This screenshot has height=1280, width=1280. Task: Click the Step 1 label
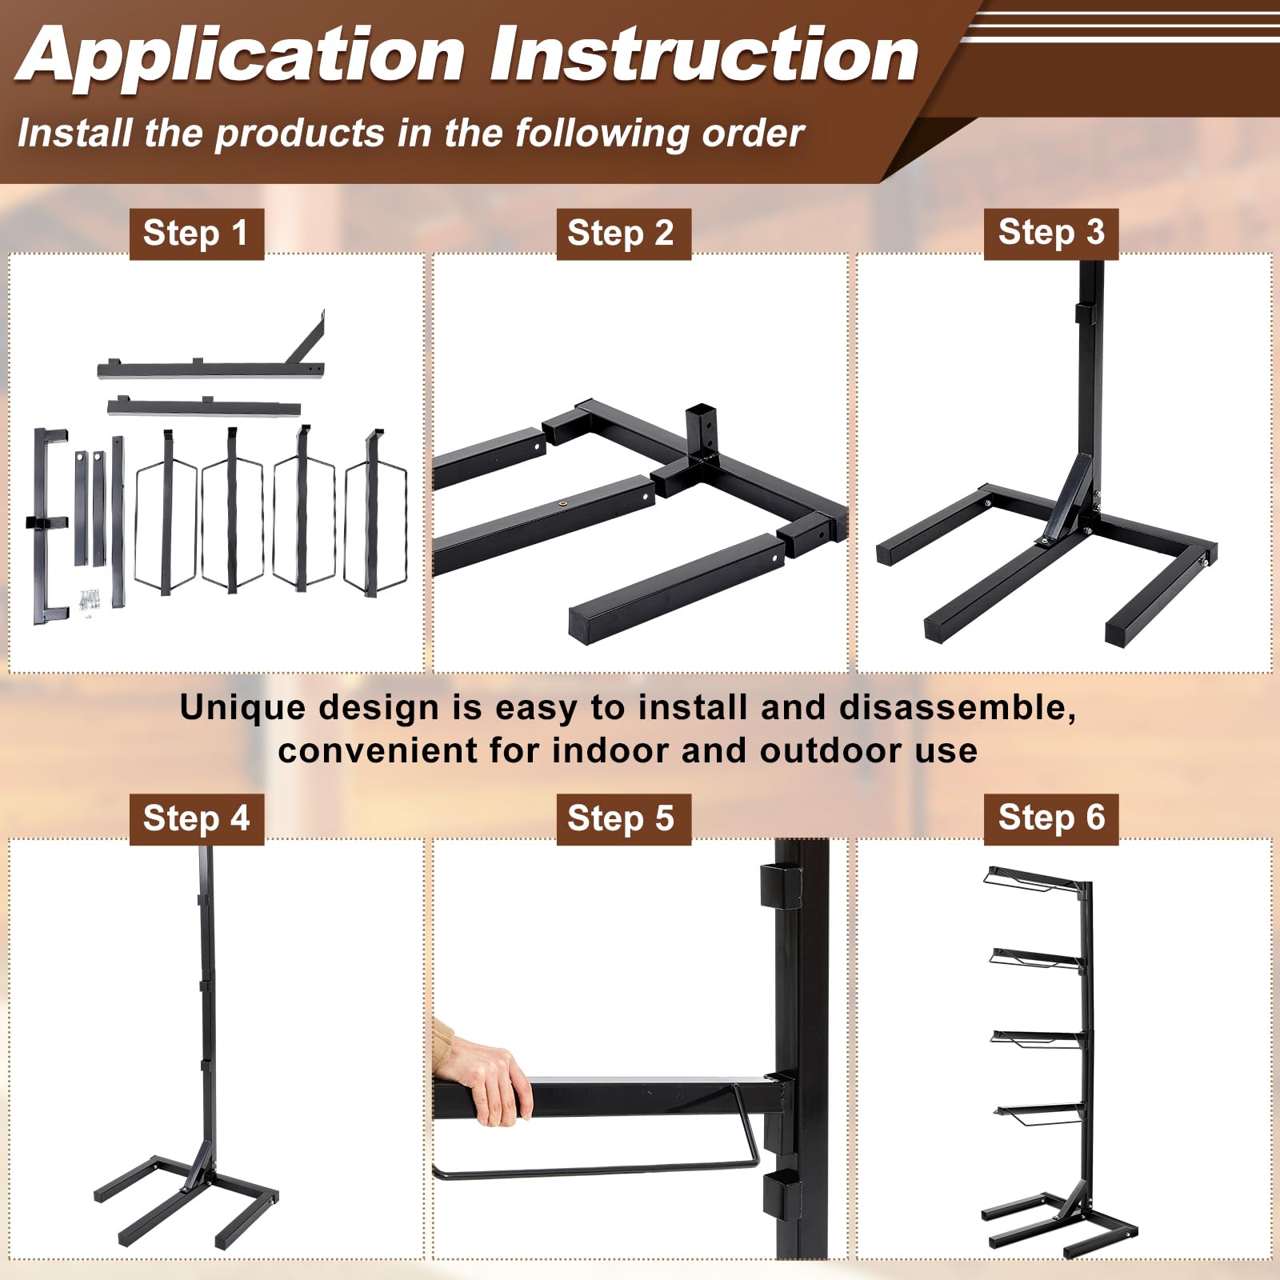coord(196,234)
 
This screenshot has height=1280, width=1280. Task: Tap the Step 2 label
coord(623,234)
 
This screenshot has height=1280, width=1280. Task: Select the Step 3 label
coord(1051,234)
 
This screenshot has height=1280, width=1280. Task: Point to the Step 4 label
coord(196,818)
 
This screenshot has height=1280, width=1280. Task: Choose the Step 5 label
coord(623,818)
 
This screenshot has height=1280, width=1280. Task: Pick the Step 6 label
coord(1051,818)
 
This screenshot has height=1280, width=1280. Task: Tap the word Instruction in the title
coord(704,54)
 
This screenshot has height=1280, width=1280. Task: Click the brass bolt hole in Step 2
coord(562,503)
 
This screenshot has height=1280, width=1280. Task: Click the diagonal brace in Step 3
coord(1068,499)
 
